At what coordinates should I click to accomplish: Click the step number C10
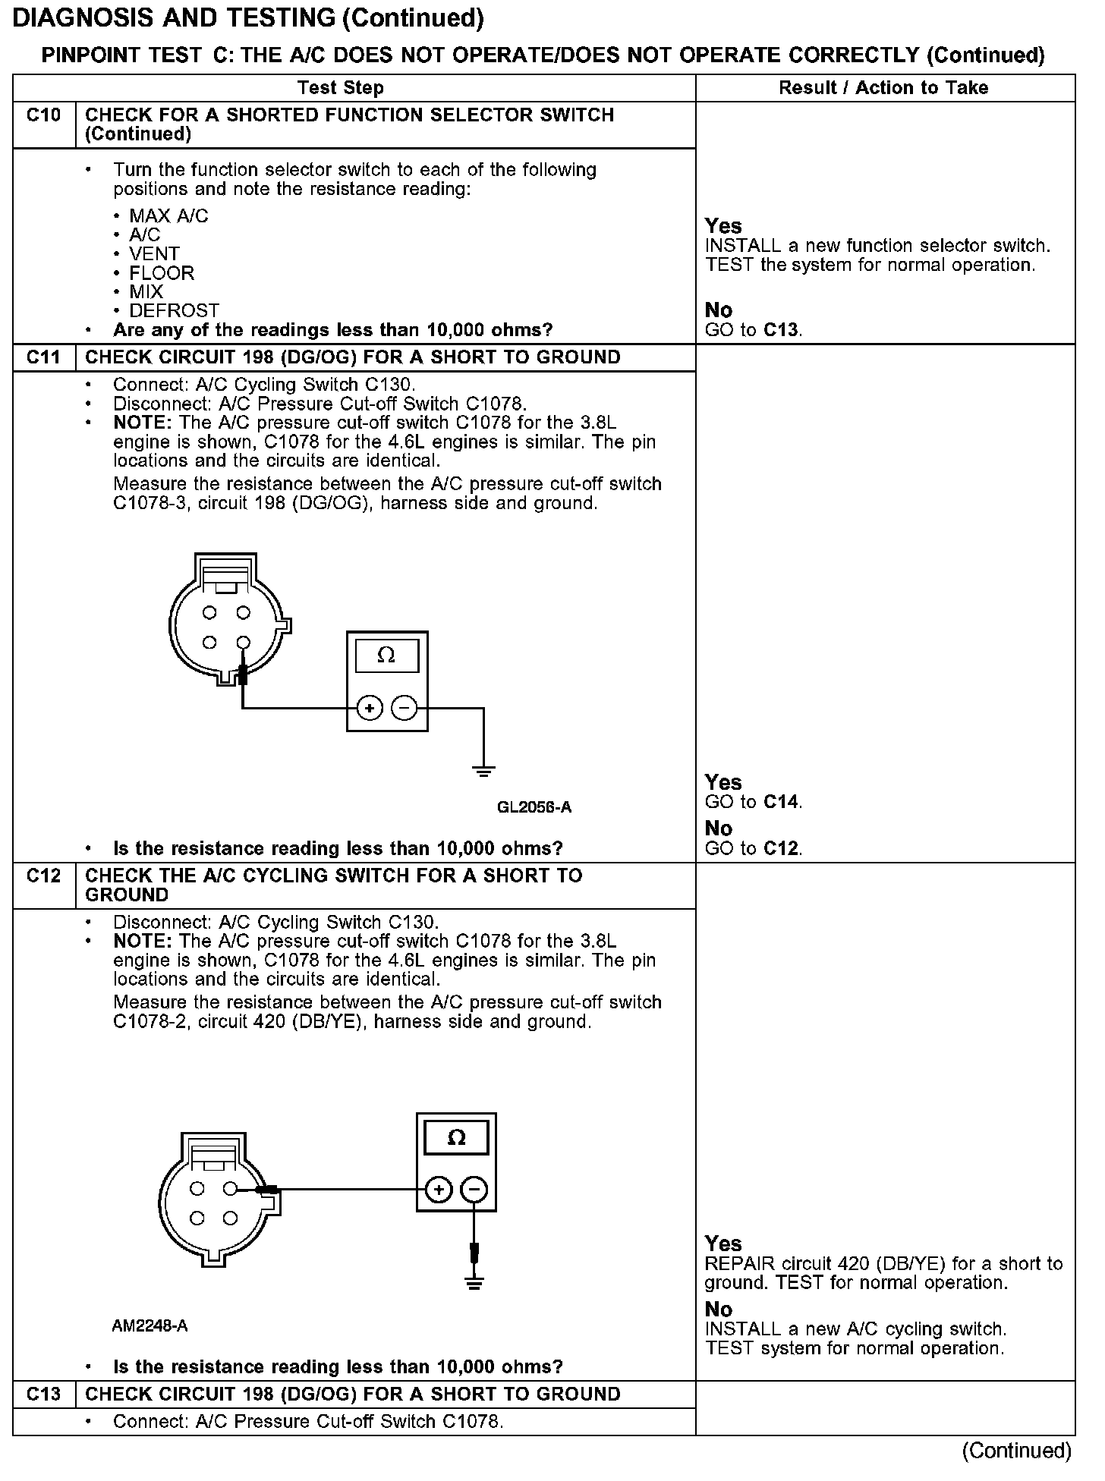pos(43,115)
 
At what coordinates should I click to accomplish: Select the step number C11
pos(43,357)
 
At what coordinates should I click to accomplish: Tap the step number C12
pos(43,876)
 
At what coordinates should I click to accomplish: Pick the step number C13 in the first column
pos(43,1395)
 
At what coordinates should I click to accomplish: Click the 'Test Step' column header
pos(341,88)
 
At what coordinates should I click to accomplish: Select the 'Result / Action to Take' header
pos(883,88)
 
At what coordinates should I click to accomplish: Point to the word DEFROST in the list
pos(174,311)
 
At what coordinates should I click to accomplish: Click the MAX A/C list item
pos(168,216)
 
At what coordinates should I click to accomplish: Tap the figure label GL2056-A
pos(534,807)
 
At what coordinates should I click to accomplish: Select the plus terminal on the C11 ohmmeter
pos(370,709)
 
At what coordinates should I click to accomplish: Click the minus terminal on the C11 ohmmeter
pos(405,709)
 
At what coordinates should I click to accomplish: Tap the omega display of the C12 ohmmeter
pos(457,1138)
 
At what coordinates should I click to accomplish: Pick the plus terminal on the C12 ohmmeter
pos(439,1190)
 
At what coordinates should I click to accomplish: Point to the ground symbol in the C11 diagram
pos(483,772)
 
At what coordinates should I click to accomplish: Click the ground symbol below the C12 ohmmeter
pos(474,1284)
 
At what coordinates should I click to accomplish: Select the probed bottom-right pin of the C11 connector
pos(243,643)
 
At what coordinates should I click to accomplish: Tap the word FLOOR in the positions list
pos(162,273)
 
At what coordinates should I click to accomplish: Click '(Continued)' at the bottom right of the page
pos(1016,1451)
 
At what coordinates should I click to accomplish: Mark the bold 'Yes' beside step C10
pos(723,226)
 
